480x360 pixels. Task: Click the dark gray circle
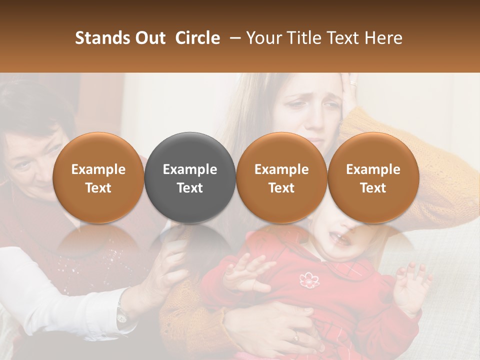click(x=190, y=177)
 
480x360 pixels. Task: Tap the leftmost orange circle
click(x=98, y=177)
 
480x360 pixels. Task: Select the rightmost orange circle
click(x=373, y=177)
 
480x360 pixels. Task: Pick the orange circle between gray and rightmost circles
click(x=281, y=177)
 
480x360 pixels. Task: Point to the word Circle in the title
click(x=197, y=38)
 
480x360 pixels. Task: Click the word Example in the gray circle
click(x=190, y=169)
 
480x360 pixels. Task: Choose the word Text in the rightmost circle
click(x=373, y=188)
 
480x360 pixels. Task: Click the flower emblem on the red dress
click(x=308, y=280)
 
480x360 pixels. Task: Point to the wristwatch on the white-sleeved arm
click(x=121, y=315)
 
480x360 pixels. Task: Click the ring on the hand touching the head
click(x=354, y=82)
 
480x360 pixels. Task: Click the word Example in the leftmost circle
click(x=98, y=169)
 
